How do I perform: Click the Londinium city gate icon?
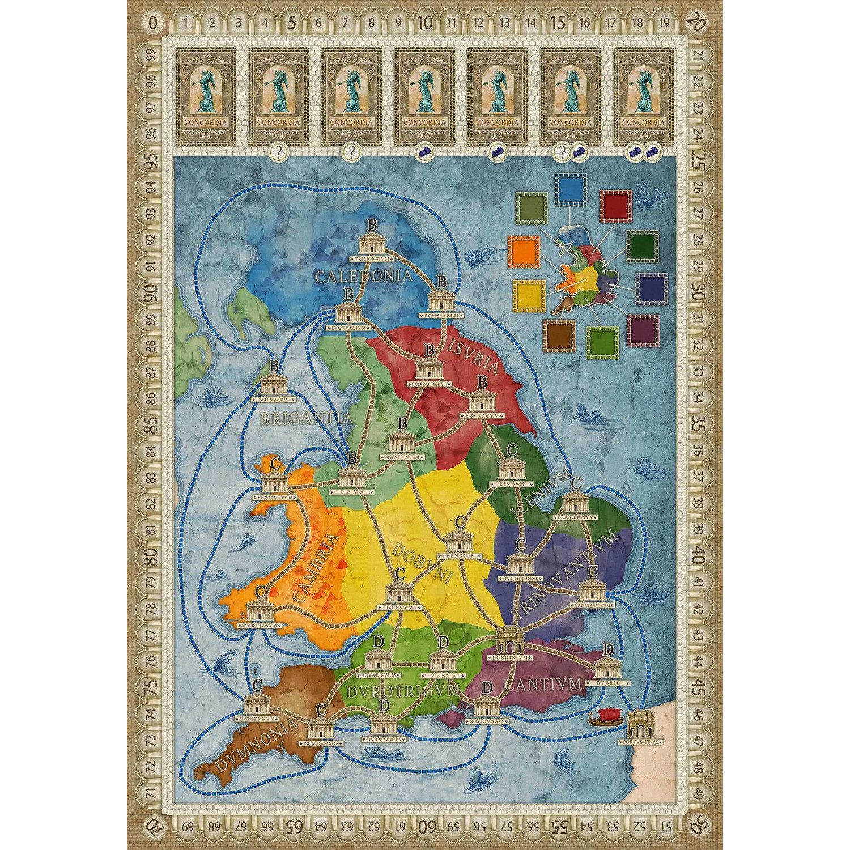tap(508, 641)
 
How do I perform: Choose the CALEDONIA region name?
tap(363, 276)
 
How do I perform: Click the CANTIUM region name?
tap(543, 685)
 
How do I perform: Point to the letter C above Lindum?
tap(512, 450)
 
